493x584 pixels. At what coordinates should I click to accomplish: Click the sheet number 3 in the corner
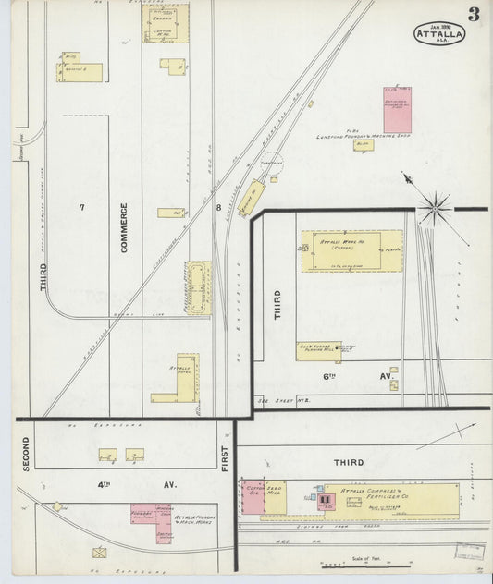(x=473, y=13)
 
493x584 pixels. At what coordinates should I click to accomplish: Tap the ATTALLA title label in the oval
(x=439, y=35)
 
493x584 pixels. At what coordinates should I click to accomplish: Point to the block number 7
(x=81, y=207)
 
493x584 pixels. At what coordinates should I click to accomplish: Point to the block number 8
(x=218, y=208)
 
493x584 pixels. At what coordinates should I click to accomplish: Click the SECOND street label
(x=27, y=453)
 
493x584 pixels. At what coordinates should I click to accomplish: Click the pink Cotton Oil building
(x=253, y=495)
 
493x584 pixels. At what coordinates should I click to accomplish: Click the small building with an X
(x=100, y=553)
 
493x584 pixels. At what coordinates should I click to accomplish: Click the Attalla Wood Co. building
(x=351, y=250)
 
